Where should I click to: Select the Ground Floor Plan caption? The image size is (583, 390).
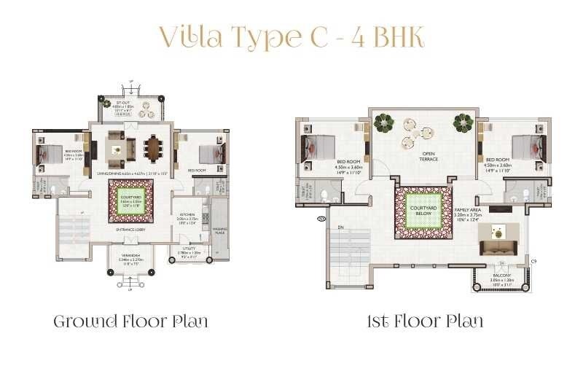[x=130, y=321]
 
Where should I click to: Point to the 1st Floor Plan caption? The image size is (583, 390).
[x=426, y=321]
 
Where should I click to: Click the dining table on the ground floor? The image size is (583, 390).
[x=154, y=149]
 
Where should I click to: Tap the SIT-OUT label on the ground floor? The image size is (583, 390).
[x=132, y=105]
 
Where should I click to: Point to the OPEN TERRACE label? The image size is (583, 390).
[x=429, y=156]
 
